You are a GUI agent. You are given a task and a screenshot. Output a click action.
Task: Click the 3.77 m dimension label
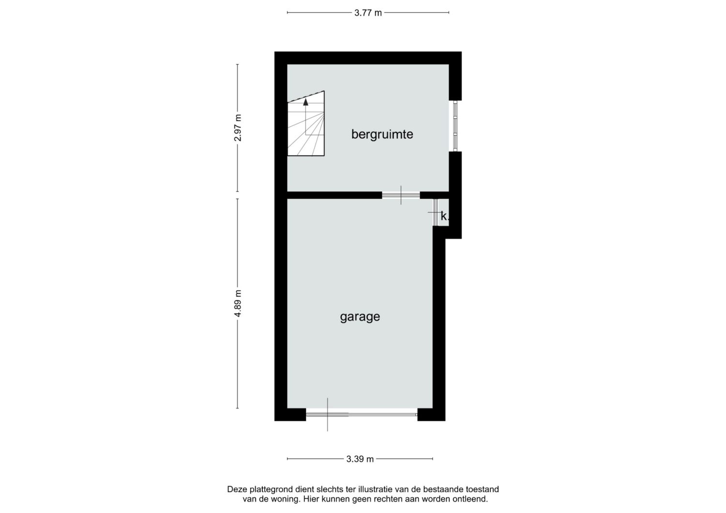(368, 13)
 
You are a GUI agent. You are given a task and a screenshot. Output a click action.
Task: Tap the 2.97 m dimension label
(238, 128)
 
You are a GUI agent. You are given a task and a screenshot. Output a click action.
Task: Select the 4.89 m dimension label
(238, 303)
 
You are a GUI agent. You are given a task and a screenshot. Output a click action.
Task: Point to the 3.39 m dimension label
(360, 459)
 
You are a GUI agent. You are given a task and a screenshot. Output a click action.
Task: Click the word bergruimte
(382, 134)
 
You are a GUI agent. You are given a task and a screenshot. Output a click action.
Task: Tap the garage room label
(360, 317)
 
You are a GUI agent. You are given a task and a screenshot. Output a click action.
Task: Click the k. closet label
(444, 216)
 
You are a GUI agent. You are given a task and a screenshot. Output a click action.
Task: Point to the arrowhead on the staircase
(305, 103)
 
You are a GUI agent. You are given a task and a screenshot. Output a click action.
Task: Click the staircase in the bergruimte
(306, 123)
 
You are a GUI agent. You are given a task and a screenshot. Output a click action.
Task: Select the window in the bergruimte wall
(455, 126)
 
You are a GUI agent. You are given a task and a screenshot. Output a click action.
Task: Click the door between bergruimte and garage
(401, 195)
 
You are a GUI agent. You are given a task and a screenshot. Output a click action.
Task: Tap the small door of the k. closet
(435, 212)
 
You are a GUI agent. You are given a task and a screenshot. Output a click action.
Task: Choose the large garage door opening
(362, 414)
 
